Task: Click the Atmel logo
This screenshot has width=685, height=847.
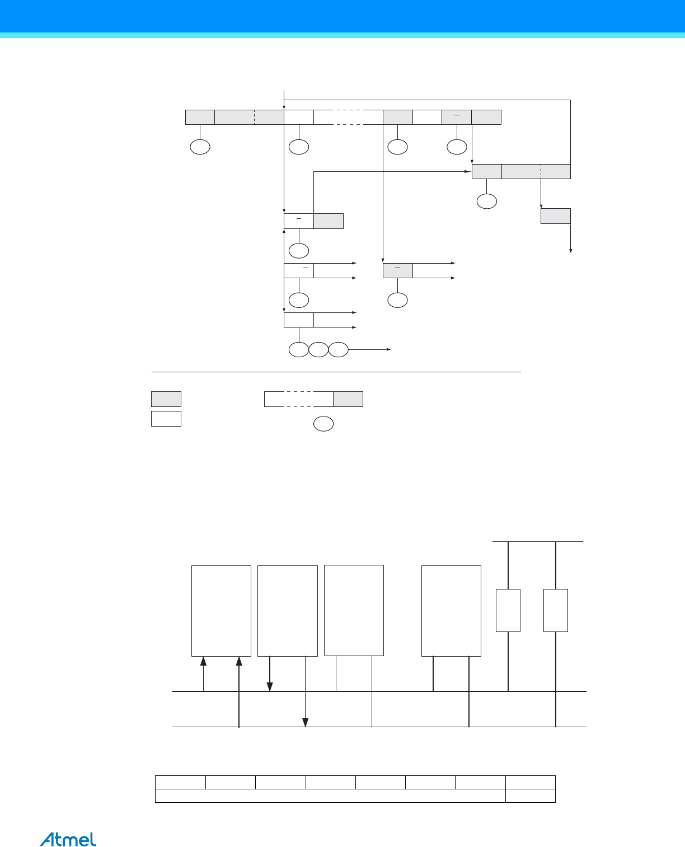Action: (68, 839)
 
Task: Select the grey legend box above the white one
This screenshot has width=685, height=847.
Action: (166, 399)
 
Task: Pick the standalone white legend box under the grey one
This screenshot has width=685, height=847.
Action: (166, 419)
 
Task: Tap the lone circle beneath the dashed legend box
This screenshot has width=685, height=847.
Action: (323, 424)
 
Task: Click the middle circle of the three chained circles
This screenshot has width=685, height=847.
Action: (318, 350)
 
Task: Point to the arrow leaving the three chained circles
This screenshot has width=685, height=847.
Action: (369, 350)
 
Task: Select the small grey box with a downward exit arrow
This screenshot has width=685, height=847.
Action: (555, 216)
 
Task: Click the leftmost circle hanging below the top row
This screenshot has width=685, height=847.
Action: (200, 147)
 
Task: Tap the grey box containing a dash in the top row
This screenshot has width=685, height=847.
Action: (457, 117)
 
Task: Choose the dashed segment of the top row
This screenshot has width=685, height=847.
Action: (348, 117)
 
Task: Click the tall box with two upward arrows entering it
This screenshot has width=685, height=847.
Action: (221, 611)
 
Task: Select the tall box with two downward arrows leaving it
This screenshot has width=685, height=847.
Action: (288, 611)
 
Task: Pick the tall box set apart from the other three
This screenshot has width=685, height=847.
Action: (451, 611)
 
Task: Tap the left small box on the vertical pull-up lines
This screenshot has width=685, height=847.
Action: (508, 610)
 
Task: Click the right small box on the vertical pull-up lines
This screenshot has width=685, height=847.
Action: (556, 610)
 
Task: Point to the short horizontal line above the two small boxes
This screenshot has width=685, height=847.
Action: (537, 541)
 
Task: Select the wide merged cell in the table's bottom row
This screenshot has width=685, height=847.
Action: (330, 796)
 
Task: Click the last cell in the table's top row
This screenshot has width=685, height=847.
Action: (531, 783)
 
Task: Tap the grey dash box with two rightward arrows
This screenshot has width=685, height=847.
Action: (398, 270)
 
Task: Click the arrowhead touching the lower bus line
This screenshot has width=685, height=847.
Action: (306, 723)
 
